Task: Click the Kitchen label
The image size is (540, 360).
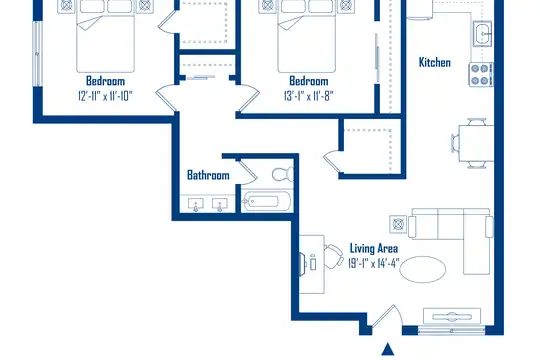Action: pyautogui.click(x=435, y=62)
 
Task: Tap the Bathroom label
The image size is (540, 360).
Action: pyautogui.click(x=208, y=175)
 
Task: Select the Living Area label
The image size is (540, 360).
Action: pyautogui.click(x=374, y=248)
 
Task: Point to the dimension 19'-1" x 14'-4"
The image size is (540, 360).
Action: pyautogui.click(x=374, y=264)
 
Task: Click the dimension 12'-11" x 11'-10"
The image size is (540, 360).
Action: pyautogui.click(x=105, y=95)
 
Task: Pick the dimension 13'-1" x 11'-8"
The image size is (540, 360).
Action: pyautogui.click(x=309, y=95)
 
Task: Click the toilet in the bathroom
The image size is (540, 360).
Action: pyautogui.click(x=283, y=174)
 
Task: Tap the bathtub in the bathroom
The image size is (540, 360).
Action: pyautogui.click(x=266, y=201)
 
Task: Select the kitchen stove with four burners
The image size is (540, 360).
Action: pyautogui.click(x=481, y=74)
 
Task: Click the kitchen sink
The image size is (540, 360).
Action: pyautogui.click(x=482, y=33)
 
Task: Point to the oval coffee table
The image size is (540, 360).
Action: pyautogui.click(x=423, y=269)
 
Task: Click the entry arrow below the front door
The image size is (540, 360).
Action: pyautogui.click(x=388, y=349)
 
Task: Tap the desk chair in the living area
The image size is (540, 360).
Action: pyautogui.click(x=333, y=256)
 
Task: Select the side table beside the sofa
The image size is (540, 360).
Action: pyautogui.click(x=398, y=224)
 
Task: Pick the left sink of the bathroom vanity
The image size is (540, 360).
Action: pyautogui.click(x=196, y=205)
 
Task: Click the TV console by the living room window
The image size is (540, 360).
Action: pyautogui.click(x=452, y=316)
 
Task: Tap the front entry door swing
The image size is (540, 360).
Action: pyautogui.click(x=387, y=315)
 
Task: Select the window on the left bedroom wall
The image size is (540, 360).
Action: pyautogui.click(x=37, y=54)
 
